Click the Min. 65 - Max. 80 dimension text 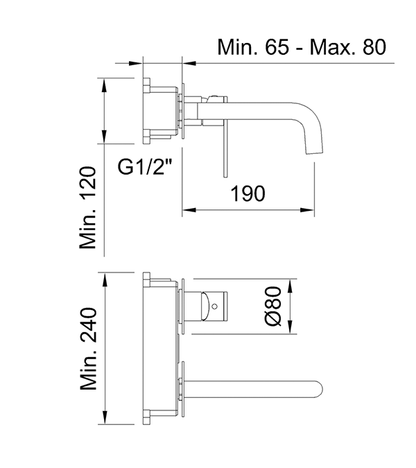point(301,47)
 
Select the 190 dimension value point(247,193)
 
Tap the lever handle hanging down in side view point(224,149)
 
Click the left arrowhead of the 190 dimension point(187,209)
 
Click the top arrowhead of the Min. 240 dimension point(104,277)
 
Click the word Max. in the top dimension point(331,47)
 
